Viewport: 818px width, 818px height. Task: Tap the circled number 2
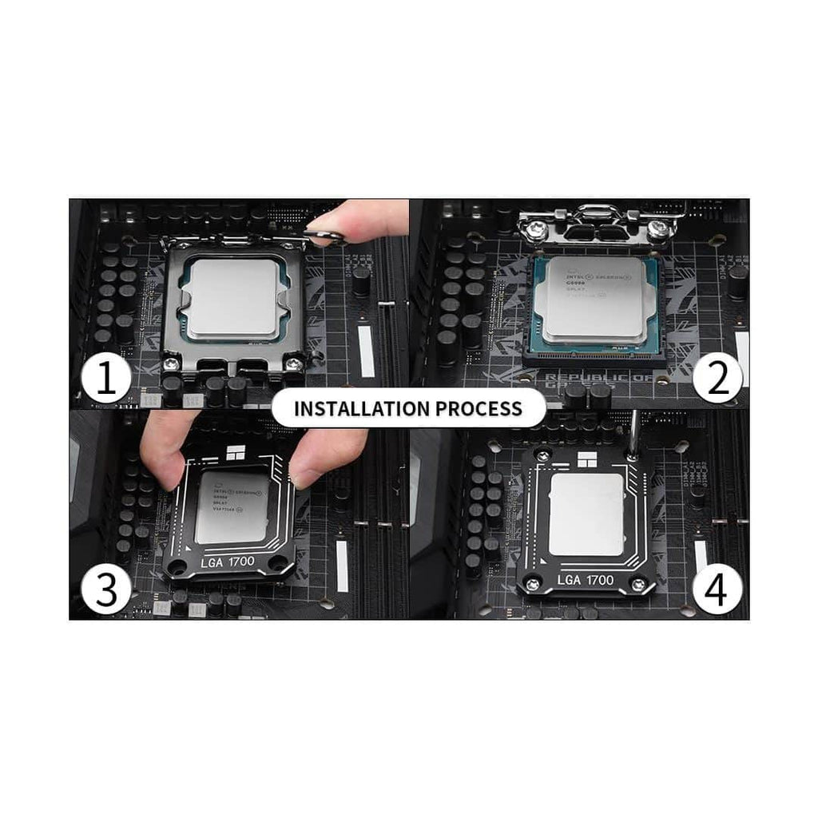point(717,379)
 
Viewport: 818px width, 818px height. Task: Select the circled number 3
point(105,590)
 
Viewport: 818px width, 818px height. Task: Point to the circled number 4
point(717,590)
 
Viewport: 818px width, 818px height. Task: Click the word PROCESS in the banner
point(478,409)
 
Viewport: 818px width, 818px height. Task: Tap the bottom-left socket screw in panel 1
point(170,365)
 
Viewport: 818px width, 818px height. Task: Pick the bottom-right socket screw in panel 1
point(297,363)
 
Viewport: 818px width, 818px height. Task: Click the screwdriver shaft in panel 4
point(635,431)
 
